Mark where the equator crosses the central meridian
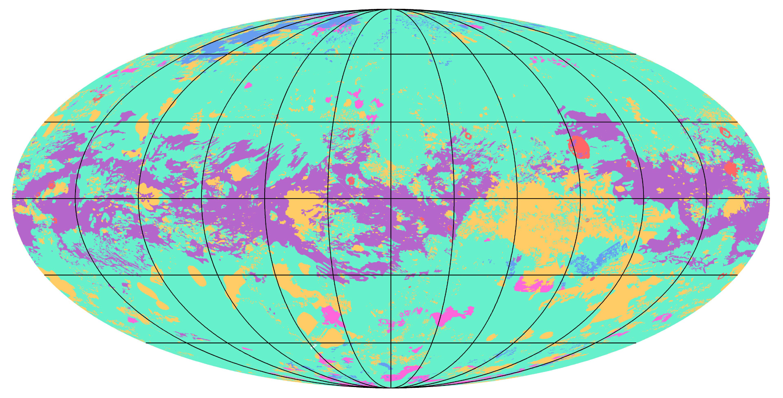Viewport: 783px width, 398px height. [391, 199]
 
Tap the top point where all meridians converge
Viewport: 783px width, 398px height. [391, 9]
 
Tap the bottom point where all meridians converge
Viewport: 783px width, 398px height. [391, 387]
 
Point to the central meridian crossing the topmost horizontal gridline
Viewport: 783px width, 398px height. [391, 54]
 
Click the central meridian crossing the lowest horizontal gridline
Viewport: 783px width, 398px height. [391, 343]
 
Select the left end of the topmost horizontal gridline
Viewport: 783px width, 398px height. [146, 54]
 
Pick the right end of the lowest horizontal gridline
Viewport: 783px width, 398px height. [636, 343]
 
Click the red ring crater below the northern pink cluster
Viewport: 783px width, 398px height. [351, 132]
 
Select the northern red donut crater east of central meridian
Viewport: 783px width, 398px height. [468, 135]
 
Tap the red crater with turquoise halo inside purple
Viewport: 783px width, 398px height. [351, 180]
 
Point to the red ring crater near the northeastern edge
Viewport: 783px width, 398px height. [725, 132]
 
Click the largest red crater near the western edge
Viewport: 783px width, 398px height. [52, 185]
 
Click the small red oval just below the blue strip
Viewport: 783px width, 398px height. [592, 279]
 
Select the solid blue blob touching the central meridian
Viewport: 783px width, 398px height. [385, 366]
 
